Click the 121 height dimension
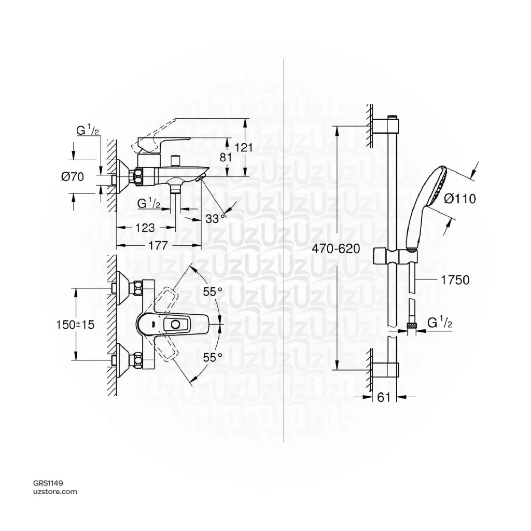click(244, 147)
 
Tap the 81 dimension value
click(226, 157)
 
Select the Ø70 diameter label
click(73, 176)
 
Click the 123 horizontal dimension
click(145, 228)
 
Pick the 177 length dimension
click(158, 245)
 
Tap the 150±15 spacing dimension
click(75, 325)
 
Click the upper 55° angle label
click(212, 291)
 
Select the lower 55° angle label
click(212, 357)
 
